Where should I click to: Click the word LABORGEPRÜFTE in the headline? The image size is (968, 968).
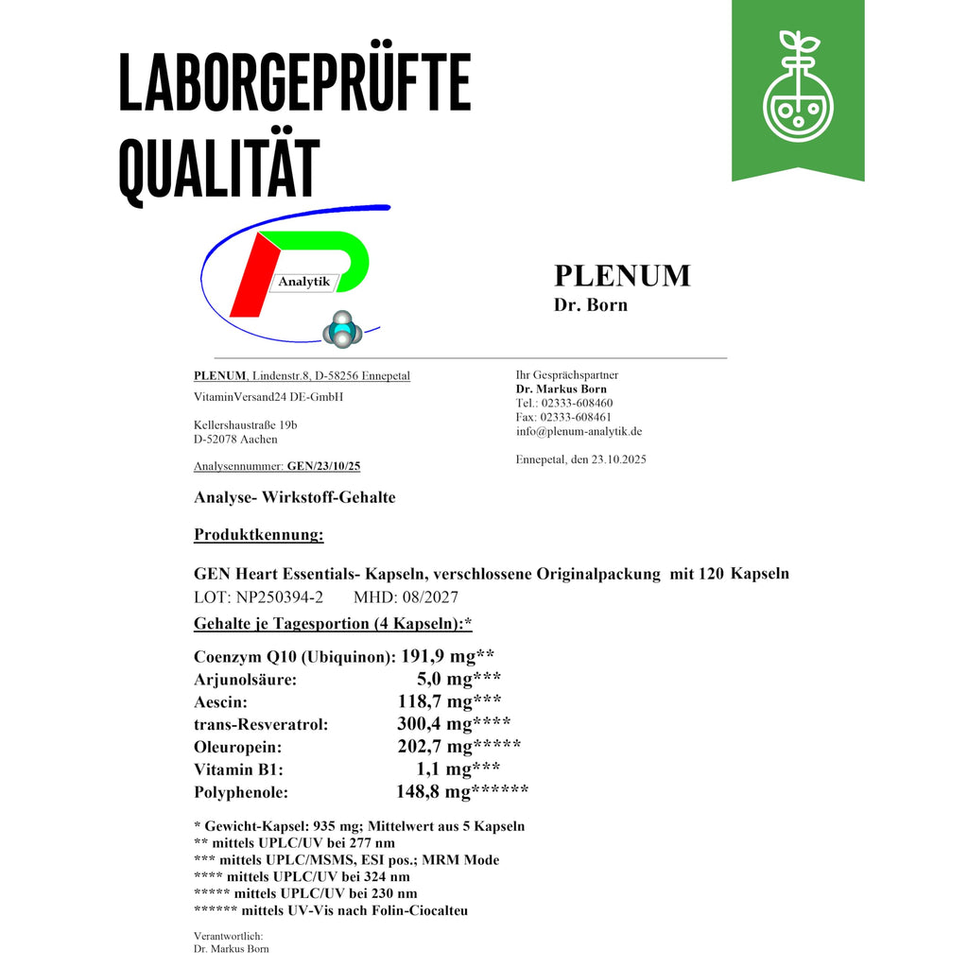(294, 85)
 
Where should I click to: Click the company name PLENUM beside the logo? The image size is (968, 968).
(622, 275)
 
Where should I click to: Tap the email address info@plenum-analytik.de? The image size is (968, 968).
(579, 431)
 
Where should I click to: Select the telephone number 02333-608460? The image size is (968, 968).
(577, 403)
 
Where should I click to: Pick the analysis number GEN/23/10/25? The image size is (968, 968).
(323, 466)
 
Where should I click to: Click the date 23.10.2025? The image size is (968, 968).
(619, 459)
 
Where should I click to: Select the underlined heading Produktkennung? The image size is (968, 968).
(258, 535)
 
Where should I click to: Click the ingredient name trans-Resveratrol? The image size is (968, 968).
(261, 724)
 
